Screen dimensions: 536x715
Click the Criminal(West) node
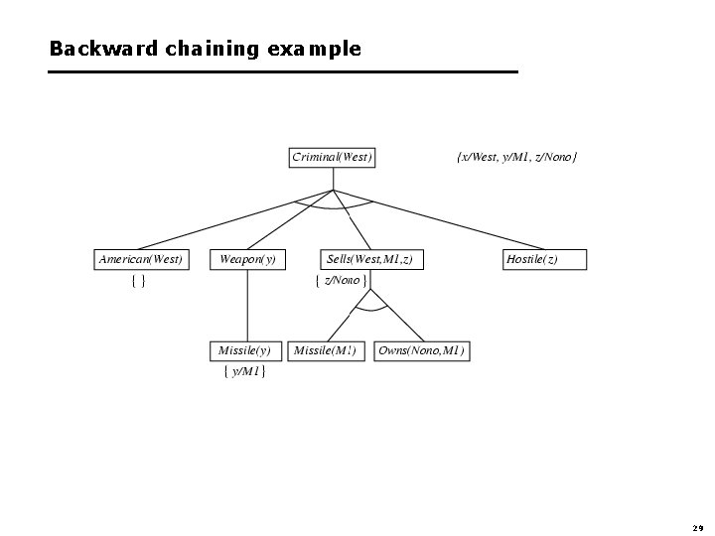(332, 157)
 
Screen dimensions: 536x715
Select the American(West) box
(140, 259)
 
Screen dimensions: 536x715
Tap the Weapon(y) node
(247, 259)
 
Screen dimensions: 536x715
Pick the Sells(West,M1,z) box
(368, 259)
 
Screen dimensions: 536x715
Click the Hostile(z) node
(545, 259)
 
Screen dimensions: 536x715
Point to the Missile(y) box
(244, 350)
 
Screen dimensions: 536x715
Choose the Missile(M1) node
(326, 350)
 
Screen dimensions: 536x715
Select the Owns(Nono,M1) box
(421, 350)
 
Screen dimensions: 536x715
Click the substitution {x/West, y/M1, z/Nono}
(516, 157)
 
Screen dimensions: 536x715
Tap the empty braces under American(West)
(139, 281)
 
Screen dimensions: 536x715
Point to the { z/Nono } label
(341, 281)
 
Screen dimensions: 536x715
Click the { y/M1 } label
(244, 372)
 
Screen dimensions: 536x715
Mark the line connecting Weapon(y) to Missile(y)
(247, 305)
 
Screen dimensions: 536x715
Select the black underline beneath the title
(283, 72)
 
